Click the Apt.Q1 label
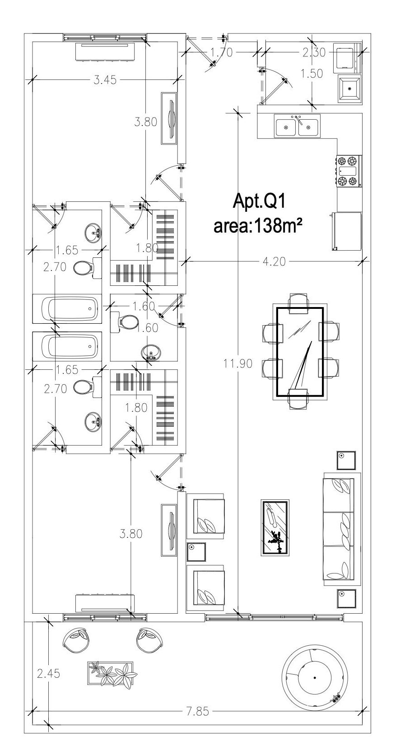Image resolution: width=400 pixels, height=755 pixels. coord(259,201)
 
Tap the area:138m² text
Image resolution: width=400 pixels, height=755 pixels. coord(258,225)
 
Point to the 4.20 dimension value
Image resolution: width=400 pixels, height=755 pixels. coord(275,261)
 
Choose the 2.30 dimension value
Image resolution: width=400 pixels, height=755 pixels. coord(313,52)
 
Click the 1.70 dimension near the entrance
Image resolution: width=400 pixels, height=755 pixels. coord(222,52)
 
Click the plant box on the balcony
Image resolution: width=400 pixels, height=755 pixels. coord(111,674)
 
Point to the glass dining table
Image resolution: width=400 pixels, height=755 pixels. coord(300,352)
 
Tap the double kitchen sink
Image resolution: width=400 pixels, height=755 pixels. coord(297,126)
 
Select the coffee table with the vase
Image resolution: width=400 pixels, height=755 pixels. coord(275,527)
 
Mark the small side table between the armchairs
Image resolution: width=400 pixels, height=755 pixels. coord(196,551)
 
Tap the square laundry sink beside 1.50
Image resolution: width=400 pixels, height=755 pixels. coord(350,89)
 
